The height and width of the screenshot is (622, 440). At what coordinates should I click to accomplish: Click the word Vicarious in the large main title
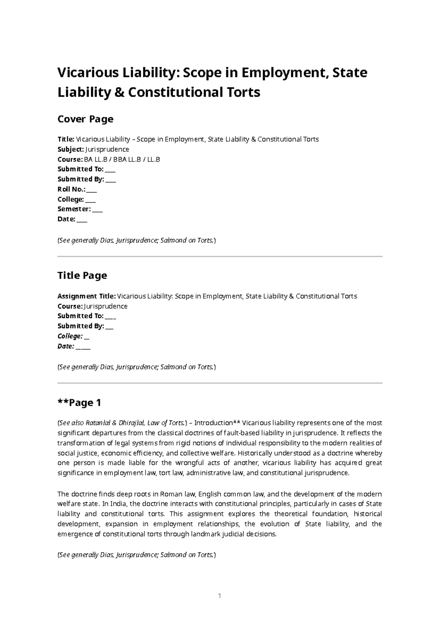pos(86,73)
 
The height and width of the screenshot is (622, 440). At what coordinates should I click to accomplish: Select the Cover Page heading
pos(85,119)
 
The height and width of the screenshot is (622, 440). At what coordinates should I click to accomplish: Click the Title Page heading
pos(82,275)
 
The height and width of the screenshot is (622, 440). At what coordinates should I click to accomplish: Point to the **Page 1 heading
pos(79,403)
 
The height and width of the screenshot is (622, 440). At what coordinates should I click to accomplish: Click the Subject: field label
pos(71,149)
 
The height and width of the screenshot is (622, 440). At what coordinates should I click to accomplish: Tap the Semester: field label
pos(74,209)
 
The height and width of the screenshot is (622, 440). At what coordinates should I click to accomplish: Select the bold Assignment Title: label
pos(87,296)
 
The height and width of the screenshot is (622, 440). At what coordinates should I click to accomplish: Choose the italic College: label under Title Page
pos(70,336)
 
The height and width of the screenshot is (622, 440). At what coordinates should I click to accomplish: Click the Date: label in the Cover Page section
pos(66,219)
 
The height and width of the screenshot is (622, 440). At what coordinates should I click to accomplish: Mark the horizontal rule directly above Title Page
pos(220,256)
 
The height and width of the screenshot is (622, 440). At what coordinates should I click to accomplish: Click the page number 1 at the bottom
pos(220,596)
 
